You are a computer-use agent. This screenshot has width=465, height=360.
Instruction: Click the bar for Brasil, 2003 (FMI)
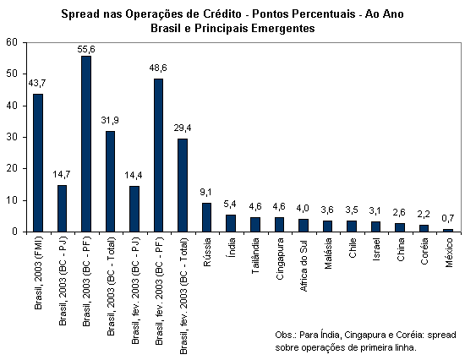coord(38,163)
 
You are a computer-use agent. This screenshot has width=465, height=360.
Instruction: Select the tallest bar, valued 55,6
coord(86,144)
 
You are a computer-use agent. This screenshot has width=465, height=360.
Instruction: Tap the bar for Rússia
coord(206,217)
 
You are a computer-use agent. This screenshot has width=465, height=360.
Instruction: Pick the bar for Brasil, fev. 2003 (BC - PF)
coord(158,155)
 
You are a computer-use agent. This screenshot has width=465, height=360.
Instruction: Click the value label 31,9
coord(110,120)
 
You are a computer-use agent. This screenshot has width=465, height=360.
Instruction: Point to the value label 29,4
coord(183,128)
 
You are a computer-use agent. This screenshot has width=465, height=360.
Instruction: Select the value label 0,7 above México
coord(448,219)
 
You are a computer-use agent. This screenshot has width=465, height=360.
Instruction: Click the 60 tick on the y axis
coord(12,42)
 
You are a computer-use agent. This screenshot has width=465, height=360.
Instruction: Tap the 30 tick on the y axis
coord(12,137)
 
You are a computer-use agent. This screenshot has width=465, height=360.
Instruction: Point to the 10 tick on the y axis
coord(12,200)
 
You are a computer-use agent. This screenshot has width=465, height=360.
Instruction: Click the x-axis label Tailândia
coord(255,255)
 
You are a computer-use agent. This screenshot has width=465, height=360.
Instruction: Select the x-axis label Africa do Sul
coord(304,265)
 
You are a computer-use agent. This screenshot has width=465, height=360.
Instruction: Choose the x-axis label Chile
coord(352,248)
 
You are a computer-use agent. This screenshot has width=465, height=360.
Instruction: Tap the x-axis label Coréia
coord(424,251)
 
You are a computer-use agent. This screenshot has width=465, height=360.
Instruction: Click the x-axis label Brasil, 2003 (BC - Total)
coord(110,286)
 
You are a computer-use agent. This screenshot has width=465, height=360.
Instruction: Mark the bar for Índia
coord(231,223)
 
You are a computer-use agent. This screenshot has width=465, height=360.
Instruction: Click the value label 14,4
coord(133,175)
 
